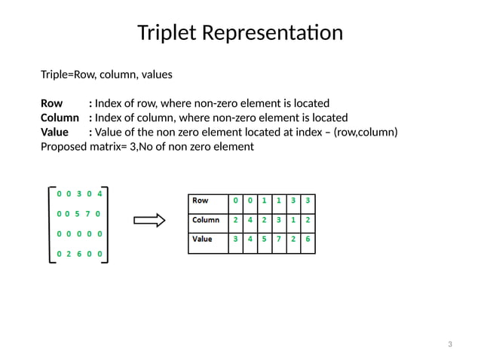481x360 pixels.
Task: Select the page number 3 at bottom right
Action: click(449, 345)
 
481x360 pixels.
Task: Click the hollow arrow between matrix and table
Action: click(149, 221)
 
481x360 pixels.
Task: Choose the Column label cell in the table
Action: click(206, 221)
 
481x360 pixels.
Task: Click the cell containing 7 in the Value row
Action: click(279, 239)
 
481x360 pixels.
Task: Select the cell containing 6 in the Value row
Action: click(308, 239)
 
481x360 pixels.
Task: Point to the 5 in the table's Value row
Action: click(264, 239)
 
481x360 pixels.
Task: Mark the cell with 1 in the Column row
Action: click(293, 221)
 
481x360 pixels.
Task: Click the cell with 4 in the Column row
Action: click(250, 221)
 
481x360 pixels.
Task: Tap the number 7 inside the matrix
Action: click(87, 213)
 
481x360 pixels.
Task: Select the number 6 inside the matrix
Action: click(78, 255)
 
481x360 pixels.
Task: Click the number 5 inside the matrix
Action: click(78, 213)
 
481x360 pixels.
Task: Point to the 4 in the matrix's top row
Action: click(100, 193)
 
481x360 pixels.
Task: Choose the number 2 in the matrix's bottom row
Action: click(68, 255)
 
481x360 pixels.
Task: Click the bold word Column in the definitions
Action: click(60, 117)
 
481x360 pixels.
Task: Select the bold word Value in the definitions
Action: click(54, 133)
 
